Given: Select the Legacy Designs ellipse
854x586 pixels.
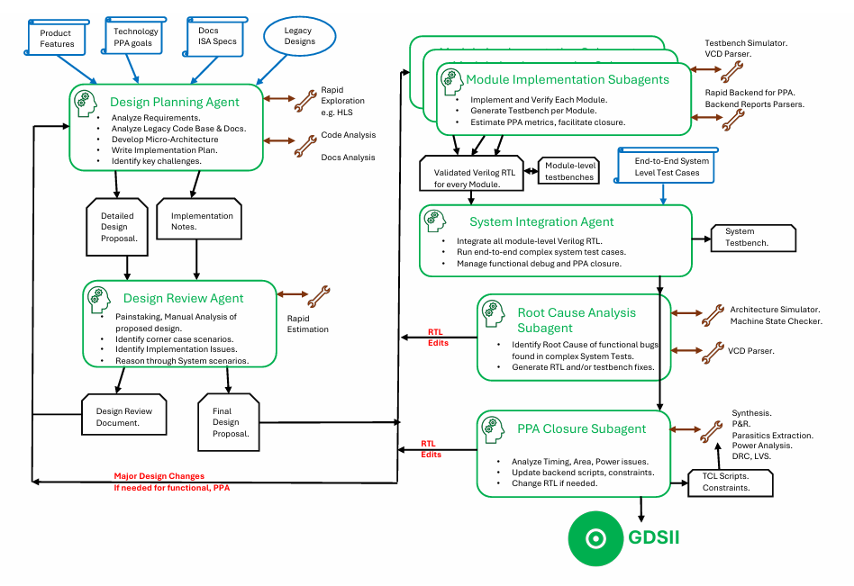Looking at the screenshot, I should (x=299, y=36).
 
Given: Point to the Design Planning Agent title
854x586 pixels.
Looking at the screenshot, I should (x=175, y=102).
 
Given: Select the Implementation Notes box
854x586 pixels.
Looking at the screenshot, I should (x=200, y=221).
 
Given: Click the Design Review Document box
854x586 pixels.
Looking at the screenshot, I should (x=123, y=416).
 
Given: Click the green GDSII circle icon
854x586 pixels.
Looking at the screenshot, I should (x=595, y=538).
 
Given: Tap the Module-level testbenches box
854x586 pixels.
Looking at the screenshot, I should (x=569, y=172).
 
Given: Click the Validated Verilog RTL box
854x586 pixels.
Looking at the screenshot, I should (x=472, y=171).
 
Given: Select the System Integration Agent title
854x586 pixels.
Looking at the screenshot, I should (x=541, y=221).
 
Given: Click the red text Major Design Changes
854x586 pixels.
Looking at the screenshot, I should (x=159, y=475).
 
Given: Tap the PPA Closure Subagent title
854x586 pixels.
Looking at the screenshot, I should (x=582, y=428).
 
